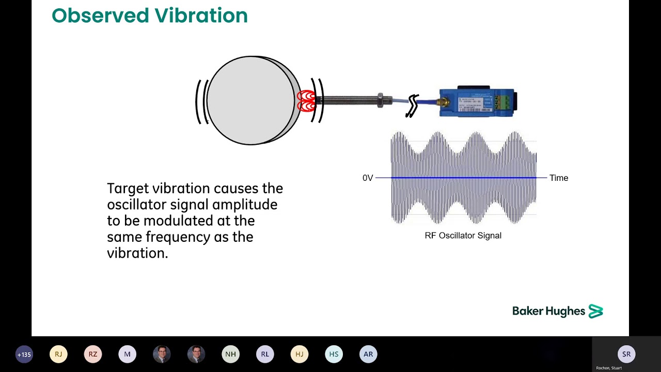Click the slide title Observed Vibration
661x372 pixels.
coord(150,16)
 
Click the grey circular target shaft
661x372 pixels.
coord(250,100)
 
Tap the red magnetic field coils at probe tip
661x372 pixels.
coord(306,101)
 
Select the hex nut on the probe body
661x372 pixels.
coord(381,100)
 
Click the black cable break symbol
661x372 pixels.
coord(412,106)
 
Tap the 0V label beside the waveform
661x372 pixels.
coord(368,178)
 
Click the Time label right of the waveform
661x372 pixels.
coord(558,178)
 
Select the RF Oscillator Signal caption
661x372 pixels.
coord(463,236)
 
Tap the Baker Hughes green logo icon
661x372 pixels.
coord(595,311)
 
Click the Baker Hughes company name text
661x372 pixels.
coord(548,311)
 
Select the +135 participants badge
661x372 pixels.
coord(24,354)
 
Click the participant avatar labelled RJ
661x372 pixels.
coord(58,354)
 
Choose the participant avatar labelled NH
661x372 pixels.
coord(230,354)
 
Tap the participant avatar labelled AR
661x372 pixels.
coord(368,354)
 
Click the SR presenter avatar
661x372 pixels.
coord(626,354)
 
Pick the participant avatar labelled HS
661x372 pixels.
coord(334,354)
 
